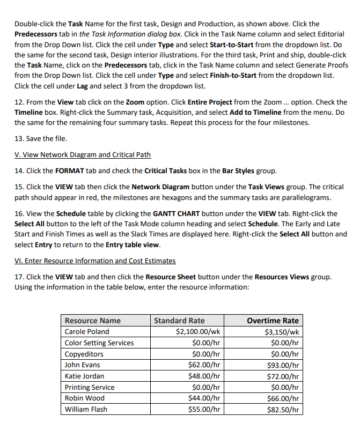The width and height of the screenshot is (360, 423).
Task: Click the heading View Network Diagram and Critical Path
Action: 83,154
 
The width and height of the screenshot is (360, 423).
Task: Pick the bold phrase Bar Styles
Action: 232,171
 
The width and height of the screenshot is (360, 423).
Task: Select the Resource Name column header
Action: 93,321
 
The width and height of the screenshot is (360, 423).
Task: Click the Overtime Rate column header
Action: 273,321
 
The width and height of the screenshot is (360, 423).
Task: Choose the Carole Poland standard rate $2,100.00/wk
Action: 199,332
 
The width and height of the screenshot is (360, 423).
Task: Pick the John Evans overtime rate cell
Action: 282,365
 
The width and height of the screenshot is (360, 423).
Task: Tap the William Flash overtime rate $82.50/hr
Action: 282,410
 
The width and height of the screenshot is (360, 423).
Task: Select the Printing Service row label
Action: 90,387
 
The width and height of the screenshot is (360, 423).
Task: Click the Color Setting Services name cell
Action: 99,343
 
